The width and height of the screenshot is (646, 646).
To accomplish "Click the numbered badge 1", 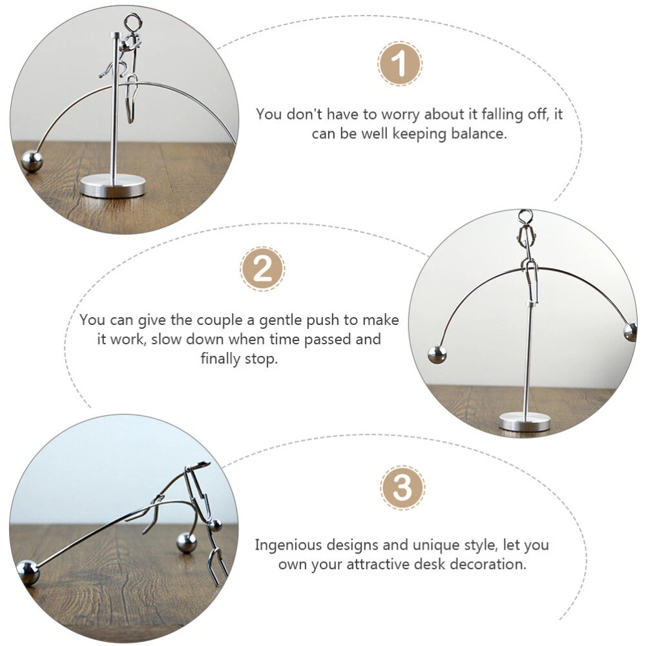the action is coord(399,63).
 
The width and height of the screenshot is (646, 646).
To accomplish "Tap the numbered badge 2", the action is coord(262,269).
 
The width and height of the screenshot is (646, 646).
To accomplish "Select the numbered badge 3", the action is coord(402,488).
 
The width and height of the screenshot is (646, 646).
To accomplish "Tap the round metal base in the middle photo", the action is coord(525,421).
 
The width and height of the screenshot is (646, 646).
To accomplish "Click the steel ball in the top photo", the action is coord(32,161).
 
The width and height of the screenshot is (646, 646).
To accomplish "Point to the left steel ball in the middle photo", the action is coord(437,355).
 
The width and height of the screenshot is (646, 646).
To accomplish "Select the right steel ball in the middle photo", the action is coord(630,332).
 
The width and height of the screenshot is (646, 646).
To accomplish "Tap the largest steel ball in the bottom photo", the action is coord(28,572).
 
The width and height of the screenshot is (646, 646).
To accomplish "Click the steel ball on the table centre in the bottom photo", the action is coord(187,543).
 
